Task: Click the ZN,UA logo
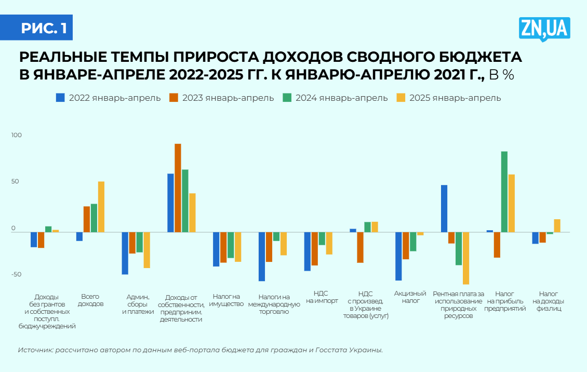coord(544,29)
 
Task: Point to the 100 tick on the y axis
coord(17,136)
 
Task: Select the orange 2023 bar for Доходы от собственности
coord(178,188)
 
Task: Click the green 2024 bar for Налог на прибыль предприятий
coord(504,192)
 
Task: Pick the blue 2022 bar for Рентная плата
coord(444,208)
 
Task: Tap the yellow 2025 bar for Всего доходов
coord(101,207)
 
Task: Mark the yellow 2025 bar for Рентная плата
coord(466,258)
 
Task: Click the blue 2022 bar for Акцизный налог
coord(398,256)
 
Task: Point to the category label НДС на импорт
coord(322,297)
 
